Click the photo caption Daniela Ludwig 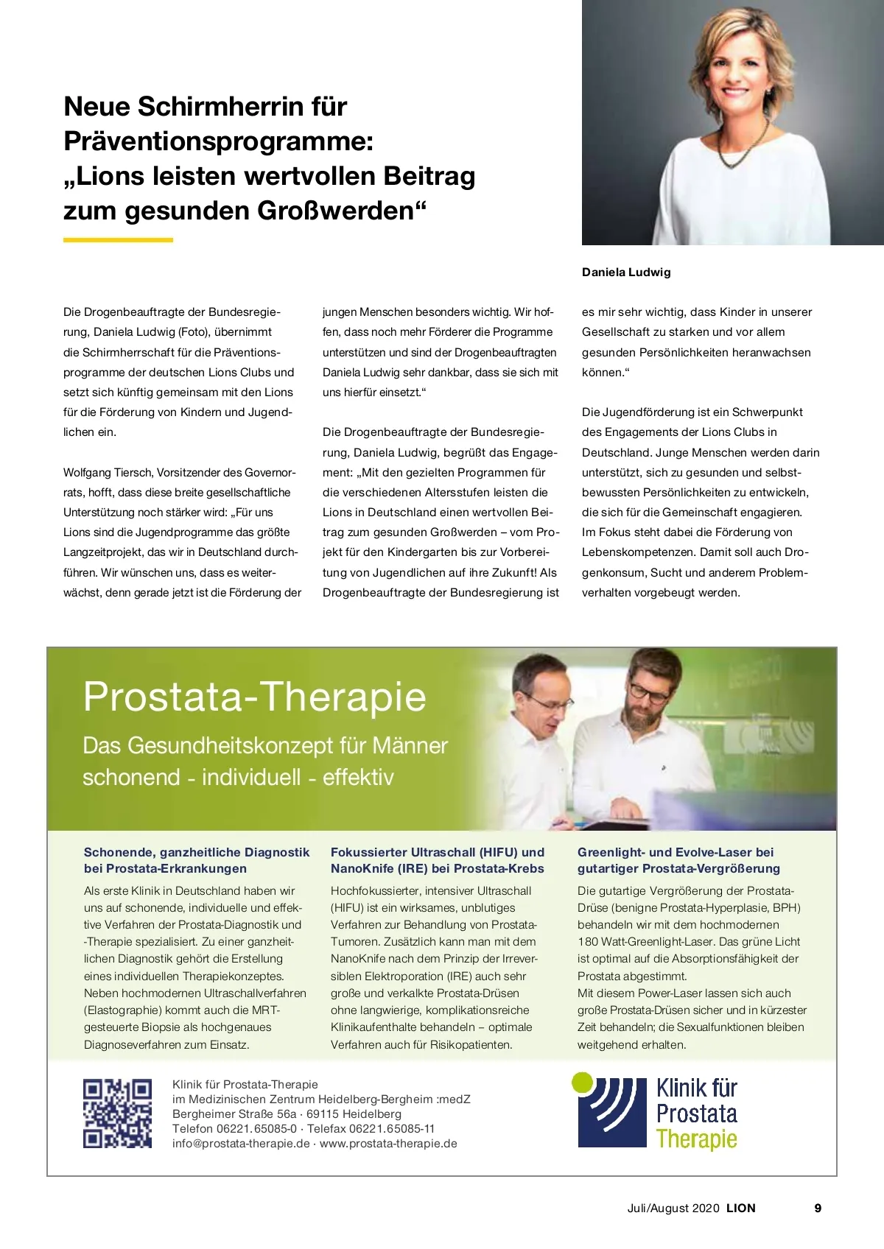coord(626,272)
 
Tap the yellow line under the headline coord(118,240)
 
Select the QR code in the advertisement coord(117,1113)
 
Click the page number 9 coord(818,1208)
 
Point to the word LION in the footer coord(740,1208)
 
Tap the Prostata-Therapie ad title coord(255,696)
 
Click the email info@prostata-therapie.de coord(241,1144)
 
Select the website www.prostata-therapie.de coord(388,1144)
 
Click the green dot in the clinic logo coord(582,1082)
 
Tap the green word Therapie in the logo coord(696,1139)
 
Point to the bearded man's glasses coord(648,693)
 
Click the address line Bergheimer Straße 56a coord(234,1114)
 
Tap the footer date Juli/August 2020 coord(673,1208)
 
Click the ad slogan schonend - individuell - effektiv coord(238,778)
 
